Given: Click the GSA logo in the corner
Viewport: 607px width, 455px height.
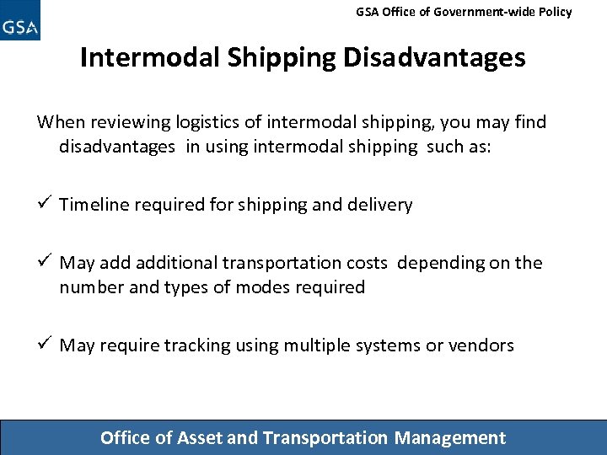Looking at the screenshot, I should point(20,21).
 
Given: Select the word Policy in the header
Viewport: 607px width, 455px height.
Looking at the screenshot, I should point(553,12).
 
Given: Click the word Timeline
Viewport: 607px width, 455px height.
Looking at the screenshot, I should point(93,205).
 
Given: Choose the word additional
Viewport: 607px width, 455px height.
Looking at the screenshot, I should point(175,263).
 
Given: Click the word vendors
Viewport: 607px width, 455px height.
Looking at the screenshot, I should point(481,345).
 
